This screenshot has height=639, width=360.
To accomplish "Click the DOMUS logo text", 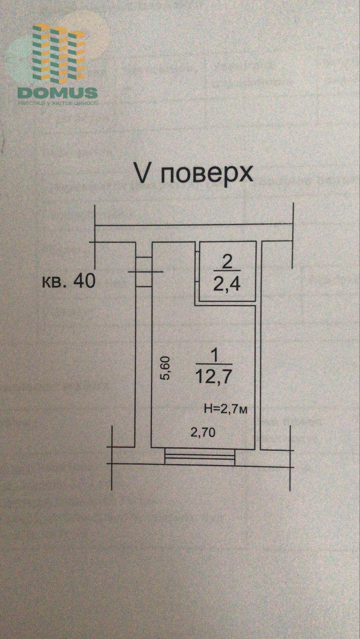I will (58, 92).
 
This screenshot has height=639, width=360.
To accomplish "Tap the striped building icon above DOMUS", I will (59, 54).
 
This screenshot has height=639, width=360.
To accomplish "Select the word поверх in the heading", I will (207, 174).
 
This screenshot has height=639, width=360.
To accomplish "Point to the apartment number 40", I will (82, 281).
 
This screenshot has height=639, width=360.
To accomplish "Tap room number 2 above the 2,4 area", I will (227, 261).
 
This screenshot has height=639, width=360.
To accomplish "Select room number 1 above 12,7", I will (213, 353).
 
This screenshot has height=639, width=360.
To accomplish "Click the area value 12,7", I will (213, 377).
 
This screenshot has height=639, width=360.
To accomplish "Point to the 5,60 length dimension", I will (166, 368).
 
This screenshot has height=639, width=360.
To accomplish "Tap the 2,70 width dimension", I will (203, 433).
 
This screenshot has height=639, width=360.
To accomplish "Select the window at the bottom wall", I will (200, 457).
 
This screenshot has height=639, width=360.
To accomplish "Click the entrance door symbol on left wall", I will (144, 272).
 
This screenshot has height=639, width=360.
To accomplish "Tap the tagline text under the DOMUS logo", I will (58, 103).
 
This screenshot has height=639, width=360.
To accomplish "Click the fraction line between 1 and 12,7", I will (213, 365).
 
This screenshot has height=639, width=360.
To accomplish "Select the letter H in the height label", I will (207, 408).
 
